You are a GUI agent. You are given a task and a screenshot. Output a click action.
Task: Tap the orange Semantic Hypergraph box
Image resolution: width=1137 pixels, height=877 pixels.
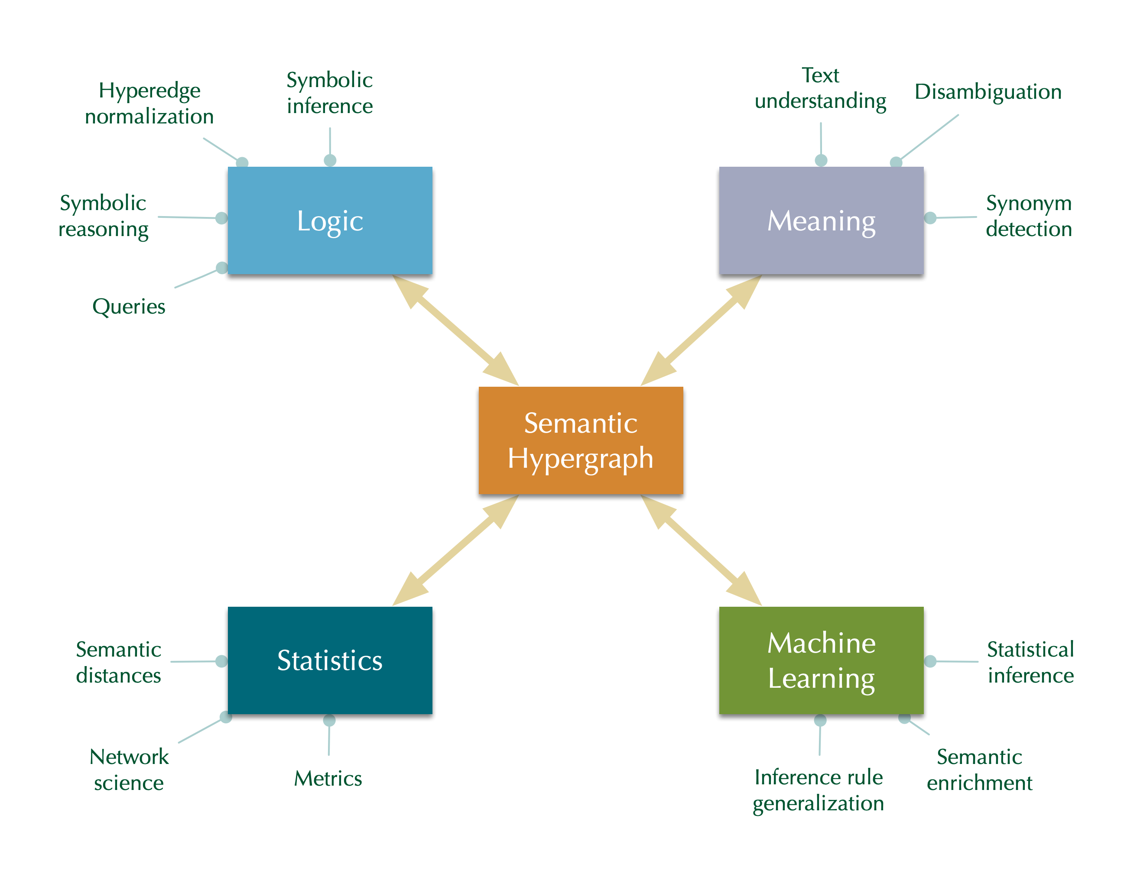581,440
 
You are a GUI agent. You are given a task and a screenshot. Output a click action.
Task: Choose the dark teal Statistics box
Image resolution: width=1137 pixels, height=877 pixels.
330,660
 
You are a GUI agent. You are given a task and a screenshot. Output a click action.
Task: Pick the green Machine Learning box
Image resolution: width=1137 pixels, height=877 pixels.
821,660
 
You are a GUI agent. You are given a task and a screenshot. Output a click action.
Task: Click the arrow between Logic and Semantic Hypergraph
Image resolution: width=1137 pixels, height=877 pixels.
455,330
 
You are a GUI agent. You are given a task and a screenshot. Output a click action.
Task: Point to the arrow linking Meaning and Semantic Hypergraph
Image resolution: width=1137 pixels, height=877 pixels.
701,330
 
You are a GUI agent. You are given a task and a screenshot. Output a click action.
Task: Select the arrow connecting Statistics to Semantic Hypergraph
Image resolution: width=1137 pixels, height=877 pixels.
455,550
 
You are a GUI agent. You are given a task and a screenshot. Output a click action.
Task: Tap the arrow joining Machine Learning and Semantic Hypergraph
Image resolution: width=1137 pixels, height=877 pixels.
701,550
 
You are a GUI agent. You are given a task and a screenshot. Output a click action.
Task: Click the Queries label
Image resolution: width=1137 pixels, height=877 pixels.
129,307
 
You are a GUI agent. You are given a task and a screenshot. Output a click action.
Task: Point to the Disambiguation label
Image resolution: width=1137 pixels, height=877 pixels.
988,92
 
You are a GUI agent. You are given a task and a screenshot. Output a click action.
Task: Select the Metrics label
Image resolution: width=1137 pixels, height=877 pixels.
328,779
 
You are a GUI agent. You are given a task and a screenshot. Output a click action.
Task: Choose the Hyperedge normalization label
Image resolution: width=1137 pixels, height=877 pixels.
149,104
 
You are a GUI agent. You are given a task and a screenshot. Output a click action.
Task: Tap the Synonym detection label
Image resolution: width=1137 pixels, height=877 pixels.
1029,217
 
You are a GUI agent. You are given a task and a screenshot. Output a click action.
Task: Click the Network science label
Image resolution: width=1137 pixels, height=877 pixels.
129,770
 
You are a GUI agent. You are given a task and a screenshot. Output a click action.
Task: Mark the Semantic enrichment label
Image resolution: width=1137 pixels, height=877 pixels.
979,770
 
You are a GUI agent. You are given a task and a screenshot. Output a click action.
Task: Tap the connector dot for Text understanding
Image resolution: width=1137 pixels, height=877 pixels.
821,160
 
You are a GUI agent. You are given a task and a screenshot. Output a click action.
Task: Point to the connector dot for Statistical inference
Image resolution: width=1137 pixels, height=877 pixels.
930,661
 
